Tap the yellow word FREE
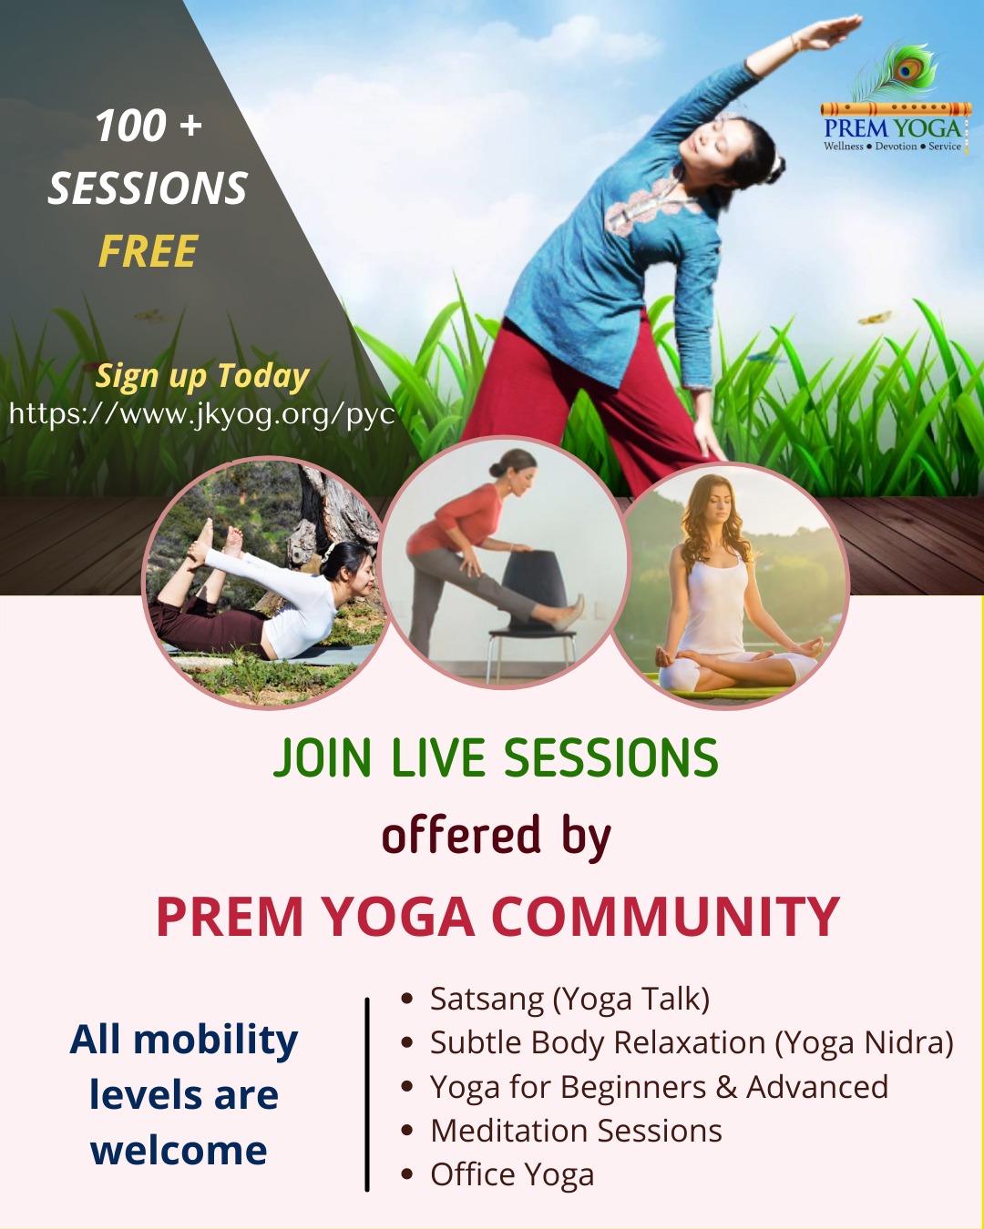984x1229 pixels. tap(148, 252)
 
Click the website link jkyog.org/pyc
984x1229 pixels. tap(201, 414)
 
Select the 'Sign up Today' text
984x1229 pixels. tap(202, 375)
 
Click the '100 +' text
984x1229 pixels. tap(148, 126)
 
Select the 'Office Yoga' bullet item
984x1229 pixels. tap(511, 1174)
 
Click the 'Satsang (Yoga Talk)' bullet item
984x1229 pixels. tap(569, 999)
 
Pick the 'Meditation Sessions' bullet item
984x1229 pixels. tap(576, 1131)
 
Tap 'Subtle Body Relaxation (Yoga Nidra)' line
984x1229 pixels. tap(692, 1042)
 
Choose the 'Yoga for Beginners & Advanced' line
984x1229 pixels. tap(659, 1087)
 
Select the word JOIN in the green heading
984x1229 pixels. tap(323, 758)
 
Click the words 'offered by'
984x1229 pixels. tap(496, 836)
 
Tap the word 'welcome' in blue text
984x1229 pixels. tap(179, 1151)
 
